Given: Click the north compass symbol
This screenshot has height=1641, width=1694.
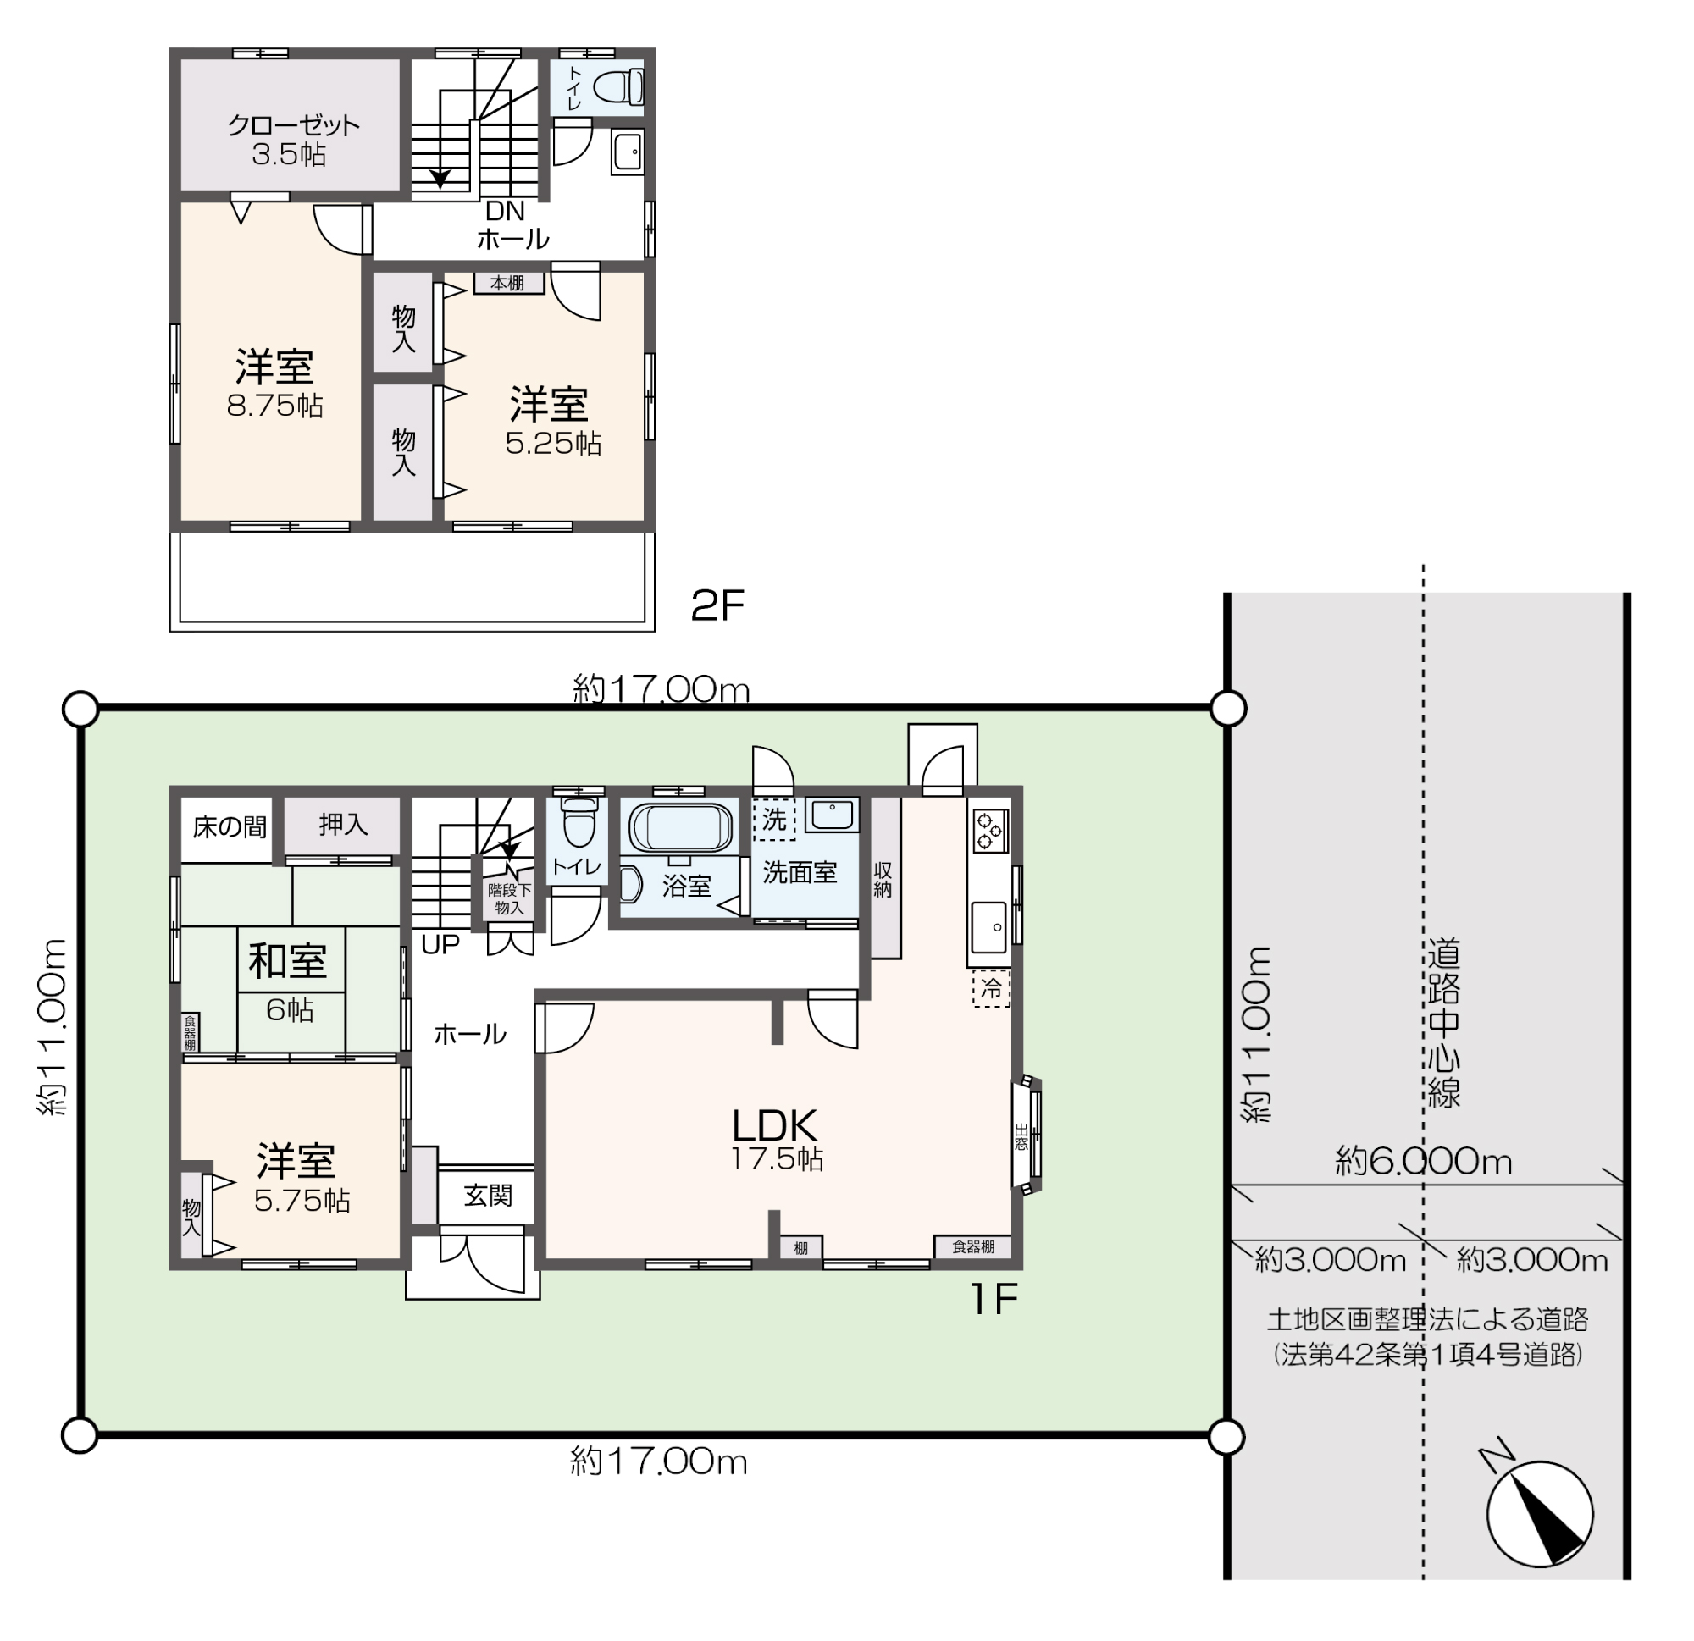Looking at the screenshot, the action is click(1539, 1513).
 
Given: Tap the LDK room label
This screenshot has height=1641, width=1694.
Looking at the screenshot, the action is click(774, 1125).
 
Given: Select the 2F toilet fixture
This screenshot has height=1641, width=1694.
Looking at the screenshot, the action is click(620, 87).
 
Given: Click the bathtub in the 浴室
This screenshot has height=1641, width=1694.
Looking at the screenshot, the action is click(680, 827).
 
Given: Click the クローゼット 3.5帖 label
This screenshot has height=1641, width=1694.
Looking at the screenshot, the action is click(292, 139).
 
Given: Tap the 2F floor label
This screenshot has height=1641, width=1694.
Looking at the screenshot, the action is click(717, 606).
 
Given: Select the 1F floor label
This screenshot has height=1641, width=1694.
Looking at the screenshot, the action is click(994, 1299).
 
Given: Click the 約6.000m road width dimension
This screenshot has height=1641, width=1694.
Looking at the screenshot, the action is click(1424, 1162).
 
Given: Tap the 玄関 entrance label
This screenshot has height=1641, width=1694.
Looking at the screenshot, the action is click(488, 1196).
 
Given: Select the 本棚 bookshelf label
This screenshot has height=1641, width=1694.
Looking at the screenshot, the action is click(507, 283).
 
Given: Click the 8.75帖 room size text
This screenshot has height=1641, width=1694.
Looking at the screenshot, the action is click(274, 406).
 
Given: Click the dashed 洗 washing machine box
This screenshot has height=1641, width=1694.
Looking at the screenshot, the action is click(773, 819).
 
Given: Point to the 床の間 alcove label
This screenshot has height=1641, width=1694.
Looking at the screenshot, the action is click(229, 827).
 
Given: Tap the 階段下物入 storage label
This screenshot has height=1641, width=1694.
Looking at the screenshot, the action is click(509, 898).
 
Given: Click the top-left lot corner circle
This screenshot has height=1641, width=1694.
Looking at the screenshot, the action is click(80, 709).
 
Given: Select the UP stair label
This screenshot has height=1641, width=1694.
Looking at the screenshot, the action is click(440, 944).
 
